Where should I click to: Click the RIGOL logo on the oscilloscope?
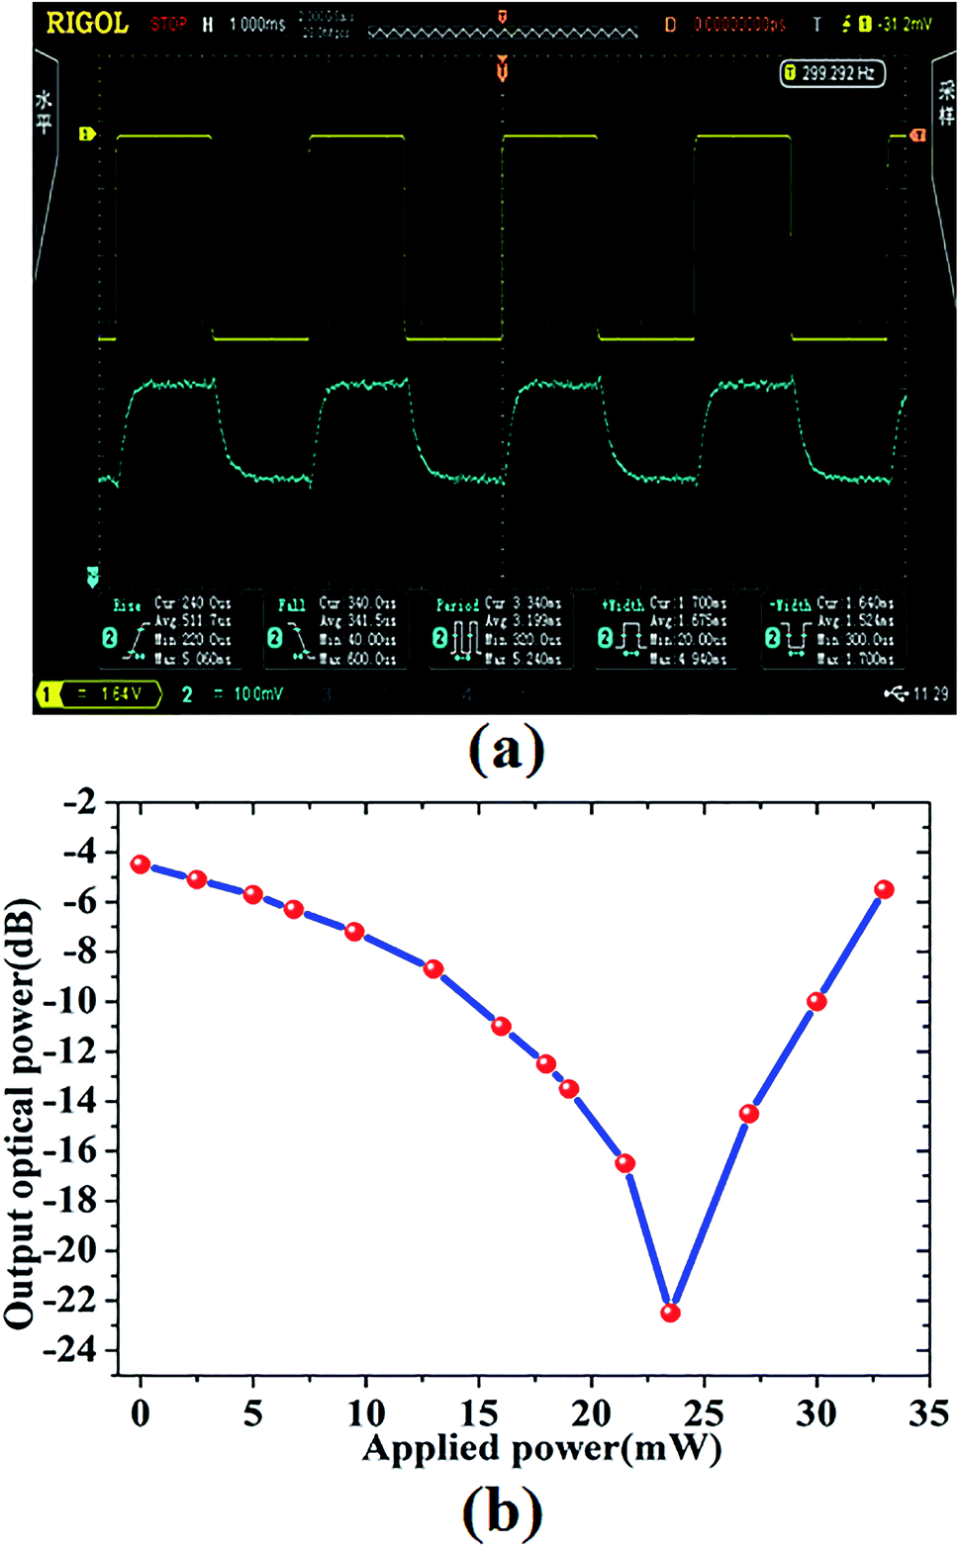88,24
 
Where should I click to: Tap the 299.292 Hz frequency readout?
831,73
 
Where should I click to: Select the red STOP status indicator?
168,24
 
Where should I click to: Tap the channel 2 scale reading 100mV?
247,694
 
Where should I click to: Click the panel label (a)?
506,751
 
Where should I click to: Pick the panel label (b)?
503,1511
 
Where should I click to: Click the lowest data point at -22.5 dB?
670,1313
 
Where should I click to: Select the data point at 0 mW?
141,864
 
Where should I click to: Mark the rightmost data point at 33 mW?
884,889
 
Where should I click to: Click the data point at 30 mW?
816,1001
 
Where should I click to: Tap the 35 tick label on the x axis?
928,1413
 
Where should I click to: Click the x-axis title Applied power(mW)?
542,1449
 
